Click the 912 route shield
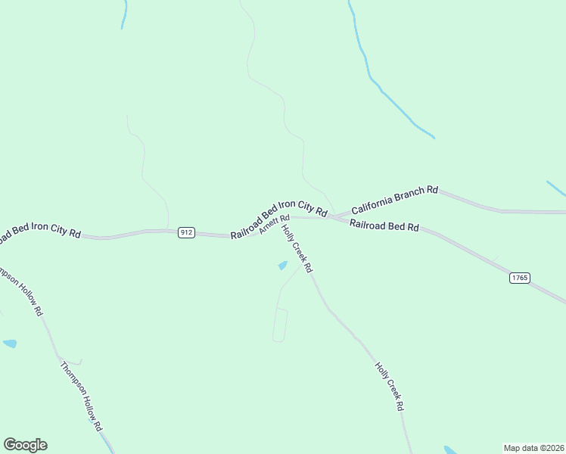click(186, 232)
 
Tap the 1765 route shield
click(519, 278)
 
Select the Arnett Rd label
click(275, 225)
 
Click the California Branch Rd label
click(394, 198)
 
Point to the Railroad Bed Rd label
click(384, 225)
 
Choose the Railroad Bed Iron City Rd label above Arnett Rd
click(279, 211)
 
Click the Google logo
click(25, 445)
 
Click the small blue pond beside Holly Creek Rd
click(283, 266)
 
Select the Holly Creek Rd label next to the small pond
click(297, 247)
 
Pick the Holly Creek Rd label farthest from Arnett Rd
click(389, 385)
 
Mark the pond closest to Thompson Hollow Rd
click(10, 344)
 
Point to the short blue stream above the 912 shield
click(124, 14)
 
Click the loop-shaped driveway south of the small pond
click(280, 325)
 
